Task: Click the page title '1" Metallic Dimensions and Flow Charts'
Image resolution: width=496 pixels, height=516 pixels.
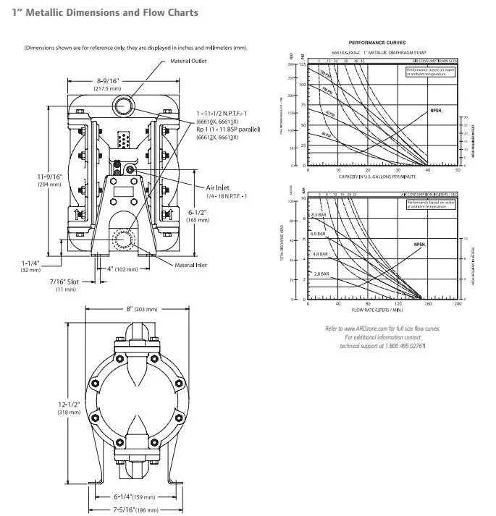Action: pyautogui.click(x=105, y=12)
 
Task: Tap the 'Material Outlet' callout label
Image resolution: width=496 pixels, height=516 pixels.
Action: pyautogui.click(x=188, y=61)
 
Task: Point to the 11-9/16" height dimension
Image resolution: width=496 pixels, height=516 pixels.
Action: pyautogui.click(x=51, y=176)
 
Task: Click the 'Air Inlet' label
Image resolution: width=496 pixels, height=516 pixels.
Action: pyautogui.click(x=217, y=187)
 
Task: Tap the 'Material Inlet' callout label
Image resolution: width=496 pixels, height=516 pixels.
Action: pyautogui.click(x=190, y=265)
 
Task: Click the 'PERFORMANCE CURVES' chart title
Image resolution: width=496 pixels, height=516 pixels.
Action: pyautogui.click(x=377, y=43)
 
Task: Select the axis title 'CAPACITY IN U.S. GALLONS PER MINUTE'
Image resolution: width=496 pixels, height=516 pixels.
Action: pyautogui.click(x=377, y=177)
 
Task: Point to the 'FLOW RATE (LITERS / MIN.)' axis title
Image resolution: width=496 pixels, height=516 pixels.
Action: pyautogui.click(x=377, y=310)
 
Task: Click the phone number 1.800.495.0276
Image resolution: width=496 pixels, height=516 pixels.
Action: pyautogui.click(x=407, y=346)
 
